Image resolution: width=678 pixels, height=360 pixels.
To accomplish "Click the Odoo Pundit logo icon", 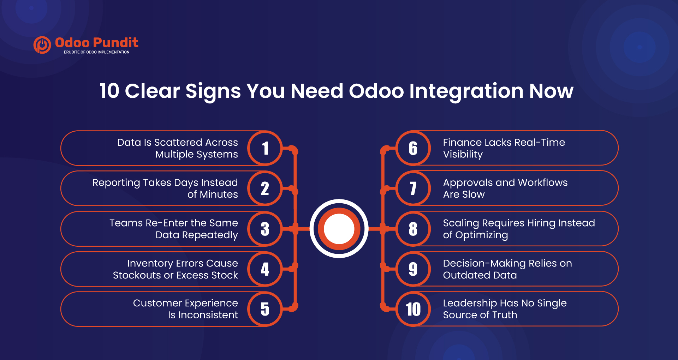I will pyautogui.click(x=42, y=45).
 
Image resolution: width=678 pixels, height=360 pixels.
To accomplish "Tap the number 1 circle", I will pyautogui.click(x=265, y=148).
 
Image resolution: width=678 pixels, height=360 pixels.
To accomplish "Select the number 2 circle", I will pyautogui.click(x=265, y=188).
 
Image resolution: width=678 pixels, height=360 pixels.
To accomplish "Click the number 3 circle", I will pyautogui.click(x=265, y=229).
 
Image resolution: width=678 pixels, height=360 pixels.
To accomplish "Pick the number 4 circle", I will pyautogui.click(x=265, y=269).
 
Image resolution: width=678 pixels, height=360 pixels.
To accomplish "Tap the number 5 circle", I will pyautogui.click(x=265, y=309).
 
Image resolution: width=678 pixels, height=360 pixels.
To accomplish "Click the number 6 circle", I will pyautogui.click(x=413, y=148).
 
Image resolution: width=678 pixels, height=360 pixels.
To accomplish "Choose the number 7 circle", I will pyautogui.click(x=413, y=188).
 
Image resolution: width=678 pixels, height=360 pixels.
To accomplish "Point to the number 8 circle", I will pyautogui.click(x=413, y=229).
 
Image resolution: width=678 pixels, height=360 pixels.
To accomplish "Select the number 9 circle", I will pyautogui.click(x=413, y=269).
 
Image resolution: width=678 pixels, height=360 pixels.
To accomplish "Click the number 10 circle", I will pyautogui.click(x=413, y=309).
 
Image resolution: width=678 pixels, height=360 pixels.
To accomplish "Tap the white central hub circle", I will pyautogui.click(x=339, y=229).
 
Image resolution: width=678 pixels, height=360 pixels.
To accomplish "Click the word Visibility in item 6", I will pyautogui.click(x=463, y=155).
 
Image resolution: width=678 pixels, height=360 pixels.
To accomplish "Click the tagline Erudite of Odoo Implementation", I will pyautogui.click(x=96, y=52).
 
